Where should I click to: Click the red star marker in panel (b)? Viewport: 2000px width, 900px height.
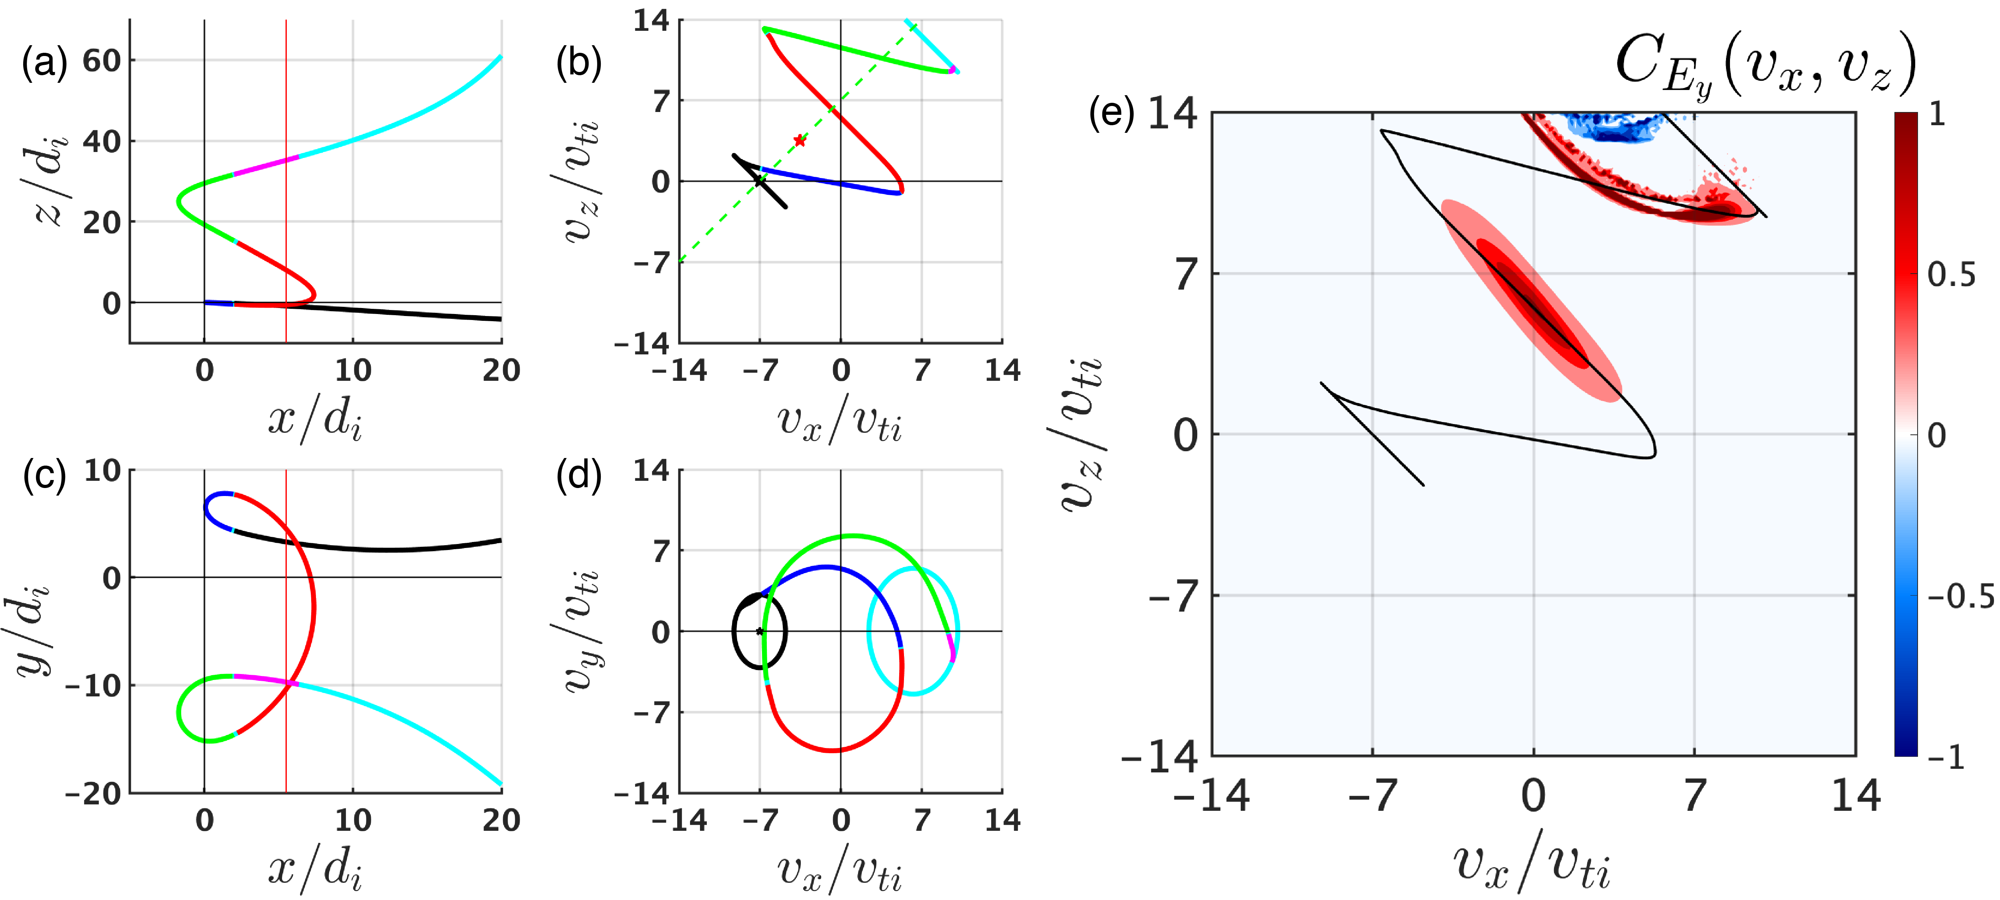click(x=800, y=140)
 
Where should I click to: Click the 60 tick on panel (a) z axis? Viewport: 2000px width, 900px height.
click(x=102, y=60)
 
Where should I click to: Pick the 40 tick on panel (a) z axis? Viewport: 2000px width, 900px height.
click(x=102, y=142)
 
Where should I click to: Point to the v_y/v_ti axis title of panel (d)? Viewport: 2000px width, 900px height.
click(x=581, y=630)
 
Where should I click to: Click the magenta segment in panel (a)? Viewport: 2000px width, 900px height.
click(x=266, y=166)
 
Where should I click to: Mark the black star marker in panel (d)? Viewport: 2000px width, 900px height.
click(x=760, y=631)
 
